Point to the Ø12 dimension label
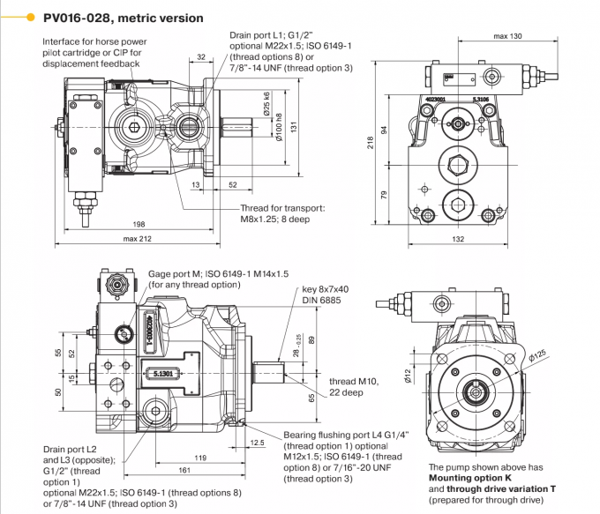click(x=408, y=376)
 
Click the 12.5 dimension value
click(x=258, y=443)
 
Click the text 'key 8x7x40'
click(x=326, y=289)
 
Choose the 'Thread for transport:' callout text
click(x=282, y=208)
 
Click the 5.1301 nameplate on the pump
click(x=161, y=373)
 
